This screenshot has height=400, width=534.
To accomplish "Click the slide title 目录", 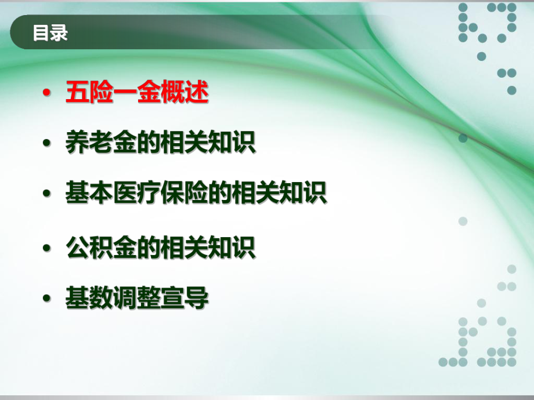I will [x=50, y=33].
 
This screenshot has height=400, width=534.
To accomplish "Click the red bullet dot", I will [x=46, y=94].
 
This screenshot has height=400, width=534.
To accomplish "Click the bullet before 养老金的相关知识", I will [x=46, y=144].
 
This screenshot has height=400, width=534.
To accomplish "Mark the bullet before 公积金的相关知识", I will [x=46, y=249].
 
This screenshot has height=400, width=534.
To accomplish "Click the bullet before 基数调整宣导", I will [x=46, y=300].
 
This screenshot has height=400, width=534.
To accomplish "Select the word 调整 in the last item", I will [x=136, y=299].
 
